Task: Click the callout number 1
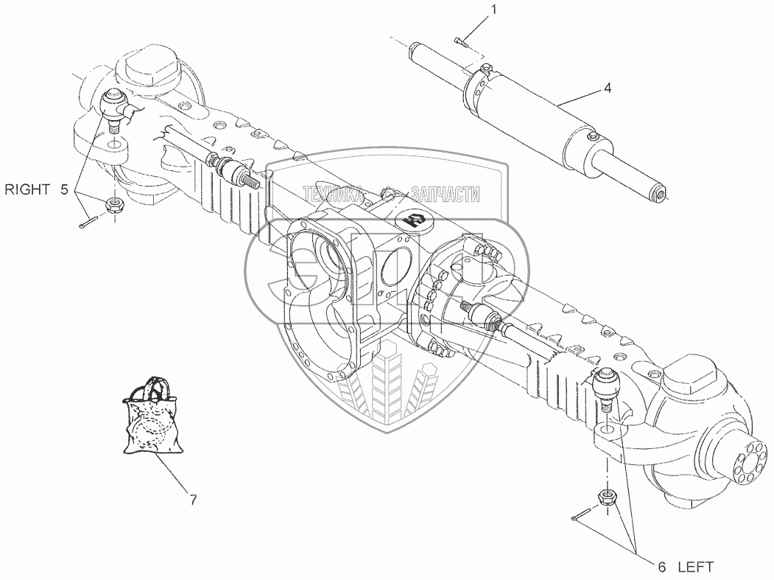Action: pos(495,10)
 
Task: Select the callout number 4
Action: pos(607,88)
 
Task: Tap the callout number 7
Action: pos(192,500)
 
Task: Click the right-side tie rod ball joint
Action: pos(115,108)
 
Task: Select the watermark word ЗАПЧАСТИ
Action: pos(445,195)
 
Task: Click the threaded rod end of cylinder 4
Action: pos(658,194)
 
